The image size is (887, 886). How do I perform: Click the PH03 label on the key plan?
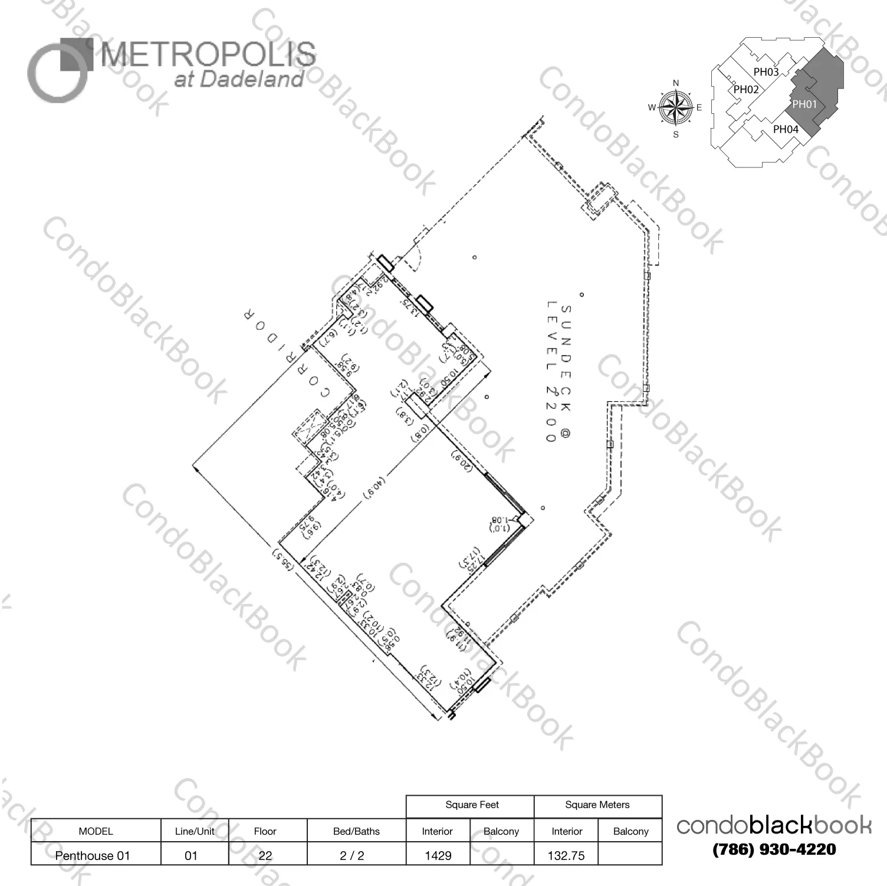pyautogui.click(x=766, y=72)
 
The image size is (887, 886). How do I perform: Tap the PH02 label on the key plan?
pyautogui.click(x=746, y=90)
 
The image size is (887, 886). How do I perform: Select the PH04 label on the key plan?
pyautogui.click(x=786, y=129)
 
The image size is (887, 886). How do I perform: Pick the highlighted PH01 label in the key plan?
pyautogui.click(x=804, y=104)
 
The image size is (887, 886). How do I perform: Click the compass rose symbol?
pyautogui.click(x=676, y=108)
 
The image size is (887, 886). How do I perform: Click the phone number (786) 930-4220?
pyautogui.click(x=774, y=849)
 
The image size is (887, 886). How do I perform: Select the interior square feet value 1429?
pyautogui.click(x=438, y=855)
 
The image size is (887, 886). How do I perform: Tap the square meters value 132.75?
pyautogui.click(x=566, y=855)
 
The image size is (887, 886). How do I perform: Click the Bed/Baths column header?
pyautogui.click(x=356, y=831)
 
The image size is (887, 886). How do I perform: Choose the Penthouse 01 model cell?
pyautogui.click(x=93, y=855)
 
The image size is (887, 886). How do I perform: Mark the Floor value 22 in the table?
pyautogui.click(x=265, y=855)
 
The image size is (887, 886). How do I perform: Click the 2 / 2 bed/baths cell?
pyautogui.click(x=352, y=855)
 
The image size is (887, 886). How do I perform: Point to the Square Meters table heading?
pyautogui.click(x=597, y=805)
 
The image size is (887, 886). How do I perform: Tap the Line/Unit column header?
pyautogui.click(x=195, y=831)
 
